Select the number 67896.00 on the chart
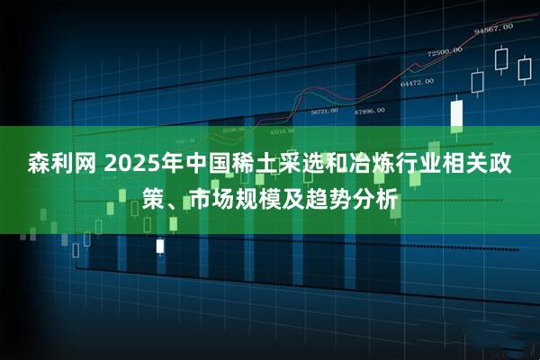click(x=369, y=111)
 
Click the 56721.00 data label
click(x=324, y=111)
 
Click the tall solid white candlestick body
click(x=456, y=113)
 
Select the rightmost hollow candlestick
click(x=524, y=69)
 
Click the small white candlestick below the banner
click(x=160, y=245)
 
